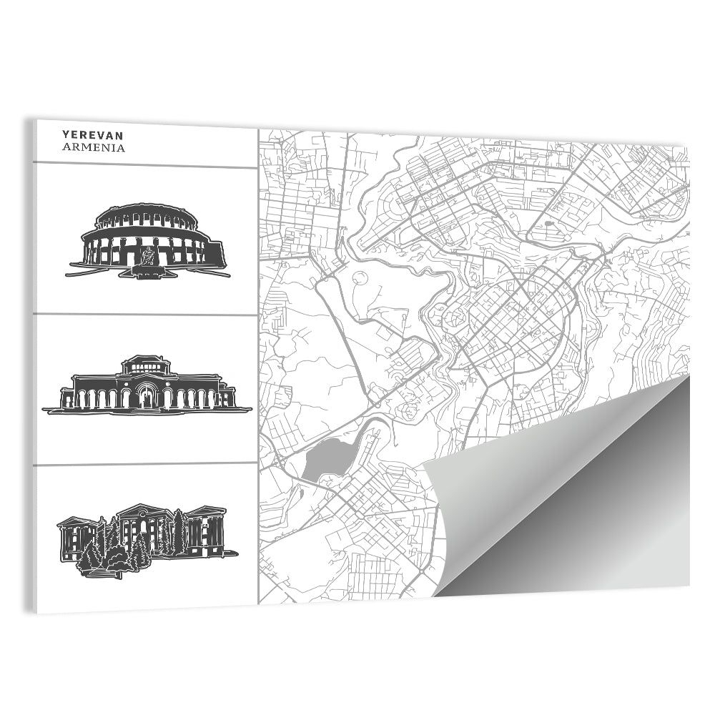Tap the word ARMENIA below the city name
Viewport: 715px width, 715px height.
(94, 148)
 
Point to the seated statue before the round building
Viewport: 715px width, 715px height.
(148, 255)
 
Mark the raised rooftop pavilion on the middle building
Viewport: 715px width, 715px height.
(145, 365)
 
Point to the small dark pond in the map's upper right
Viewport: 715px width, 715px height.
(548, 224)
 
